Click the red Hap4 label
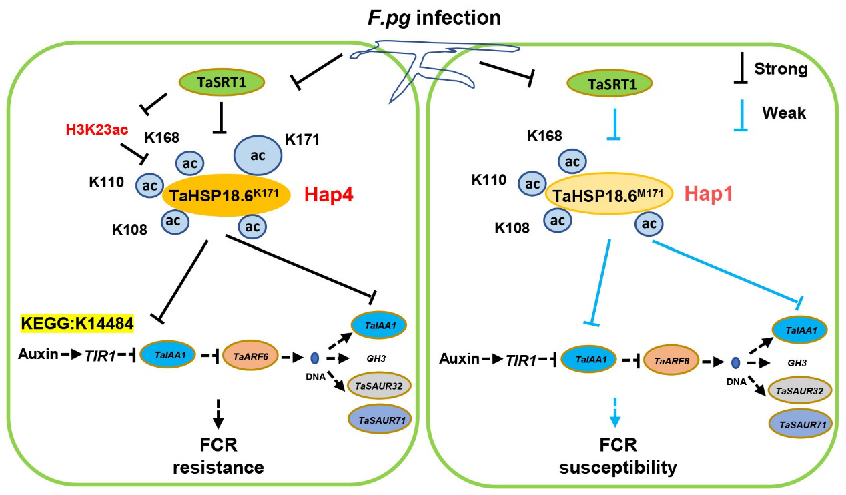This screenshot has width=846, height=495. [330, 195]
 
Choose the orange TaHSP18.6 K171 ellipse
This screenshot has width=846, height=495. [226, 195]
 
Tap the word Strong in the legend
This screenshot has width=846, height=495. [781, 69]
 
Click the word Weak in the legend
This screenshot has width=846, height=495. [784, 113]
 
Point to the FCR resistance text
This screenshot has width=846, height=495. [218, 455]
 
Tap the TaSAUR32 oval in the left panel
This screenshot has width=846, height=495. [379, 386]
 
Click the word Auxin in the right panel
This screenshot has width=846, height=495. [460, 360]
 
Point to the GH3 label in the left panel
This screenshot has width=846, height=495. [385, 357]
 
